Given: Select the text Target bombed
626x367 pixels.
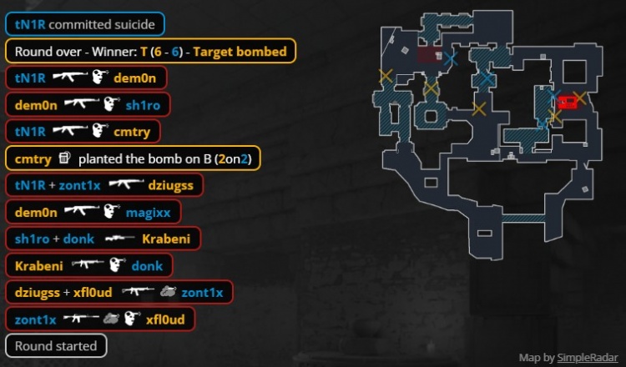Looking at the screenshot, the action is [x=240, y=52].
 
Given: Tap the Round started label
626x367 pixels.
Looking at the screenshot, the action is [x=56, y=346].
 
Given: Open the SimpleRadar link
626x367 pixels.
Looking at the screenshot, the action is [x=588, y=358].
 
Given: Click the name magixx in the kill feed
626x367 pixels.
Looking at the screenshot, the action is [x=148, y=213].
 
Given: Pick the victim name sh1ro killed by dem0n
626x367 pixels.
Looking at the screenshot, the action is [x=143, y=105].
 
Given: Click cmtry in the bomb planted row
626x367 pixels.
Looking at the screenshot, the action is [x=33, y=159].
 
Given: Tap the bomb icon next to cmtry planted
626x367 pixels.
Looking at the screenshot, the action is [x=64, y=158].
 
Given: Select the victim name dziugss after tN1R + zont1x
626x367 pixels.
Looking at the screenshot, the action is [x=171, y=185].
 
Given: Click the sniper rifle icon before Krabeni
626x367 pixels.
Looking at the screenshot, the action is [x=120, y=239].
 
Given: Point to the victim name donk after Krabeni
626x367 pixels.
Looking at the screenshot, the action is [x=147, y=266].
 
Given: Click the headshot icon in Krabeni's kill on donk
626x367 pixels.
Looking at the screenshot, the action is [x=117, y=265].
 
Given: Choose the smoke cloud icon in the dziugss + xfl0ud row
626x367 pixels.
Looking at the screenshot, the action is [x=168, y=292].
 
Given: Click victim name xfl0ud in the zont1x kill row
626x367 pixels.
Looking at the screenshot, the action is [x=165, y=319].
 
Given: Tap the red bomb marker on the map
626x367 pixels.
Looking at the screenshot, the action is [x=568, y=102].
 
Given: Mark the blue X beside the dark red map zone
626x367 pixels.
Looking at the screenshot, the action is [x=451, y=59].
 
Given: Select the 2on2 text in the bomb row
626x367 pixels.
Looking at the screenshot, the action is [x=233, y=159].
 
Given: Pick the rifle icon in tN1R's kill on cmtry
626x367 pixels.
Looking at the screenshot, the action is [x=70, y=128].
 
